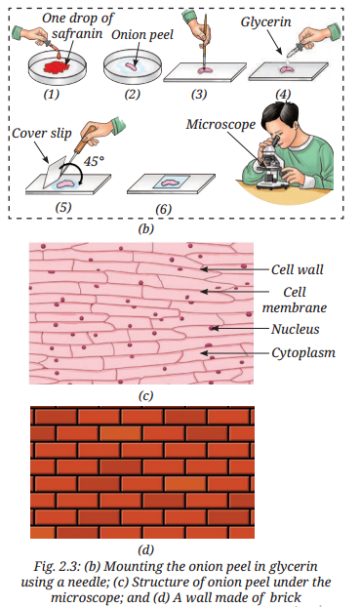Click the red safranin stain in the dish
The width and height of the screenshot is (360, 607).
[57, 67]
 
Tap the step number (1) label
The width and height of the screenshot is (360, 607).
[51, 94]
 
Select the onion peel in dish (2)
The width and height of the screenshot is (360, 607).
[133, 66]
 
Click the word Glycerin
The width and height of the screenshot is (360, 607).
[266, 21]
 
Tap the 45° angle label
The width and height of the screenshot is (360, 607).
[94, 161]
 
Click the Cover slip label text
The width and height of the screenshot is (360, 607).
[42, 134]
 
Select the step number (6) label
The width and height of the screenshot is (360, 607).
[163, 209]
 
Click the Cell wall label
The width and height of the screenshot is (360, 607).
[297, 269]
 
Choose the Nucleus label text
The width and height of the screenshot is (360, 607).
[296, 329]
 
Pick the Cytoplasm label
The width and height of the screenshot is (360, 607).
[303, 352]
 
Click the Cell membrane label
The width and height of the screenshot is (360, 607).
[295, 300]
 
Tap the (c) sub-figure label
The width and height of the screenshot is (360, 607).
[145, 395]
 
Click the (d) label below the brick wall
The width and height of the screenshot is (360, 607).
[145, 549]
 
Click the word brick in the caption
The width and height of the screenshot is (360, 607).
[286, 597]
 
